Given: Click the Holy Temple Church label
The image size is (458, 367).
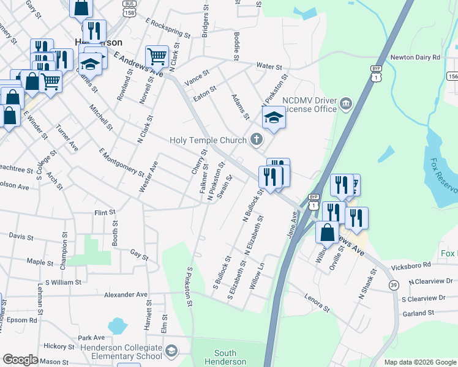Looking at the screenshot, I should [207, 141].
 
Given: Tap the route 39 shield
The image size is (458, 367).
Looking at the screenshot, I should [393, 286].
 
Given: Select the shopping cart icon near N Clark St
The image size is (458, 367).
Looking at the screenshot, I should [157, 56].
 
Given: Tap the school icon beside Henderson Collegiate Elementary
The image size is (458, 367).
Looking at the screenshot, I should [172, 351].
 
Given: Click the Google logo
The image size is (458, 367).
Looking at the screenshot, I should [20, 360].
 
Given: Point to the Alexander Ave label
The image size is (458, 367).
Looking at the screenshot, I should [126, 295].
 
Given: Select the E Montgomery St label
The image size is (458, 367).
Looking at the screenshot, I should [121, 163].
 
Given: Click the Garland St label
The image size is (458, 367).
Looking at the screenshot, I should [418, 313].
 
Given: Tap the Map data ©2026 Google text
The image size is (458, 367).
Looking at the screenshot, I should [419, 362].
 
